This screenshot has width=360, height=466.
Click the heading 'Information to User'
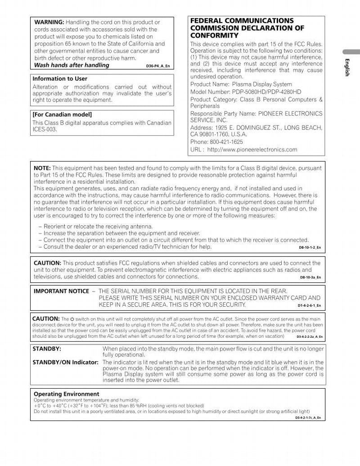pyautogui.click(x=60, y=79)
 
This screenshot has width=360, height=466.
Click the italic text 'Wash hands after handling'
pyautogui.click(x=72, y=65)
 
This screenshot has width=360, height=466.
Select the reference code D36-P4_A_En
pyautogui.click(x=158, y=66)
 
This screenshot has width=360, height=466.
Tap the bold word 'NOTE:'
pyautogui.click(x=42, y=168)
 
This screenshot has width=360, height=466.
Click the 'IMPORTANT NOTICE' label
pyautogui.click(x=61, y=291)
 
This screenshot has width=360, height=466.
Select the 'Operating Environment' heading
pyautogui.click(x=67, y=394)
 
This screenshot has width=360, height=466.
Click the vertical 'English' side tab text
pyautogui.click(x=347, y=67)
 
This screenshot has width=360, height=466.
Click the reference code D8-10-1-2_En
pyautogui.click(x=310, y=247)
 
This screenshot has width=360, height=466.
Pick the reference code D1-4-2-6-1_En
pyautogui.click(x=309, y=306)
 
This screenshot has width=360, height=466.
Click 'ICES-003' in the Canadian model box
pyautogui.click(x=45, y=130)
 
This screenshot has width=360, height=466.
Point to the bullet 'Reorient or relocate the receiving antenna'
pyautogui.click(x=98, y=226)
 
